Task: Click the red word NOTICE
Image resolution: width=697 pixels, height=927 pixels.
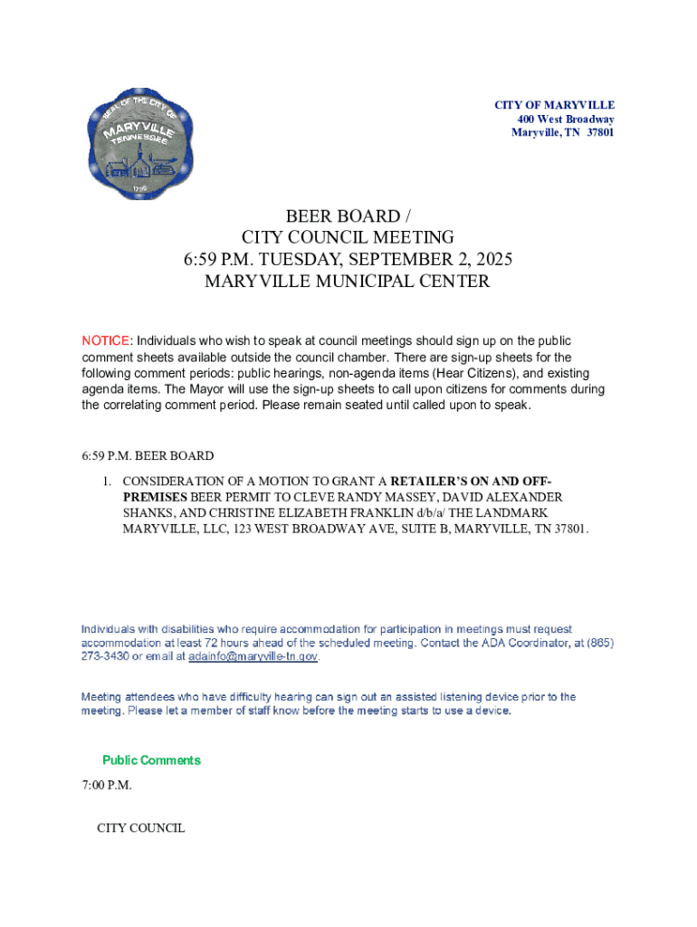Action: pos(106,340)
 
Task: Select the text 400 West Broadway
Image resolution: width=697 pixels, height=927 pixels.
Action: pos(566,119)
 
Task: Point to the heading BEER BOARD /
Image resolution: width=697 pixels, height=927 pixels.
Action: pos(348,216)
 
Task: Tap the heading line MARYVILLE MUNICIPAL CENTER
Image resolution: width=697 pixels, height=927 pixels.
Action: pos(348,282)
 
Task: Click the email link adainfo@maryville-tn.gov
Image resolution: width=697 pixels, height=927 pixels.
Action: pos(253,656)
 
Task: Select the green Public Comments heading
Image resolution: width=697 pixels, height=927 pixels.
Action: pos(151,760)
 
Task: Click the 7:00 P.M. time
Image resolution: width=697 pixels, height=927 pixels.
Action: pos(107,785)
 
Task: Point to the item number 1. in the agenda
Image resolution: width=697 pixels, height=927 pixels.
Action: pos(106,481)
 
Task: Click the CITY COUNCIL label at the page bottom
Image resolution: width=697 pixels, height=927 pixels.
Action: pos(141,828)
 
